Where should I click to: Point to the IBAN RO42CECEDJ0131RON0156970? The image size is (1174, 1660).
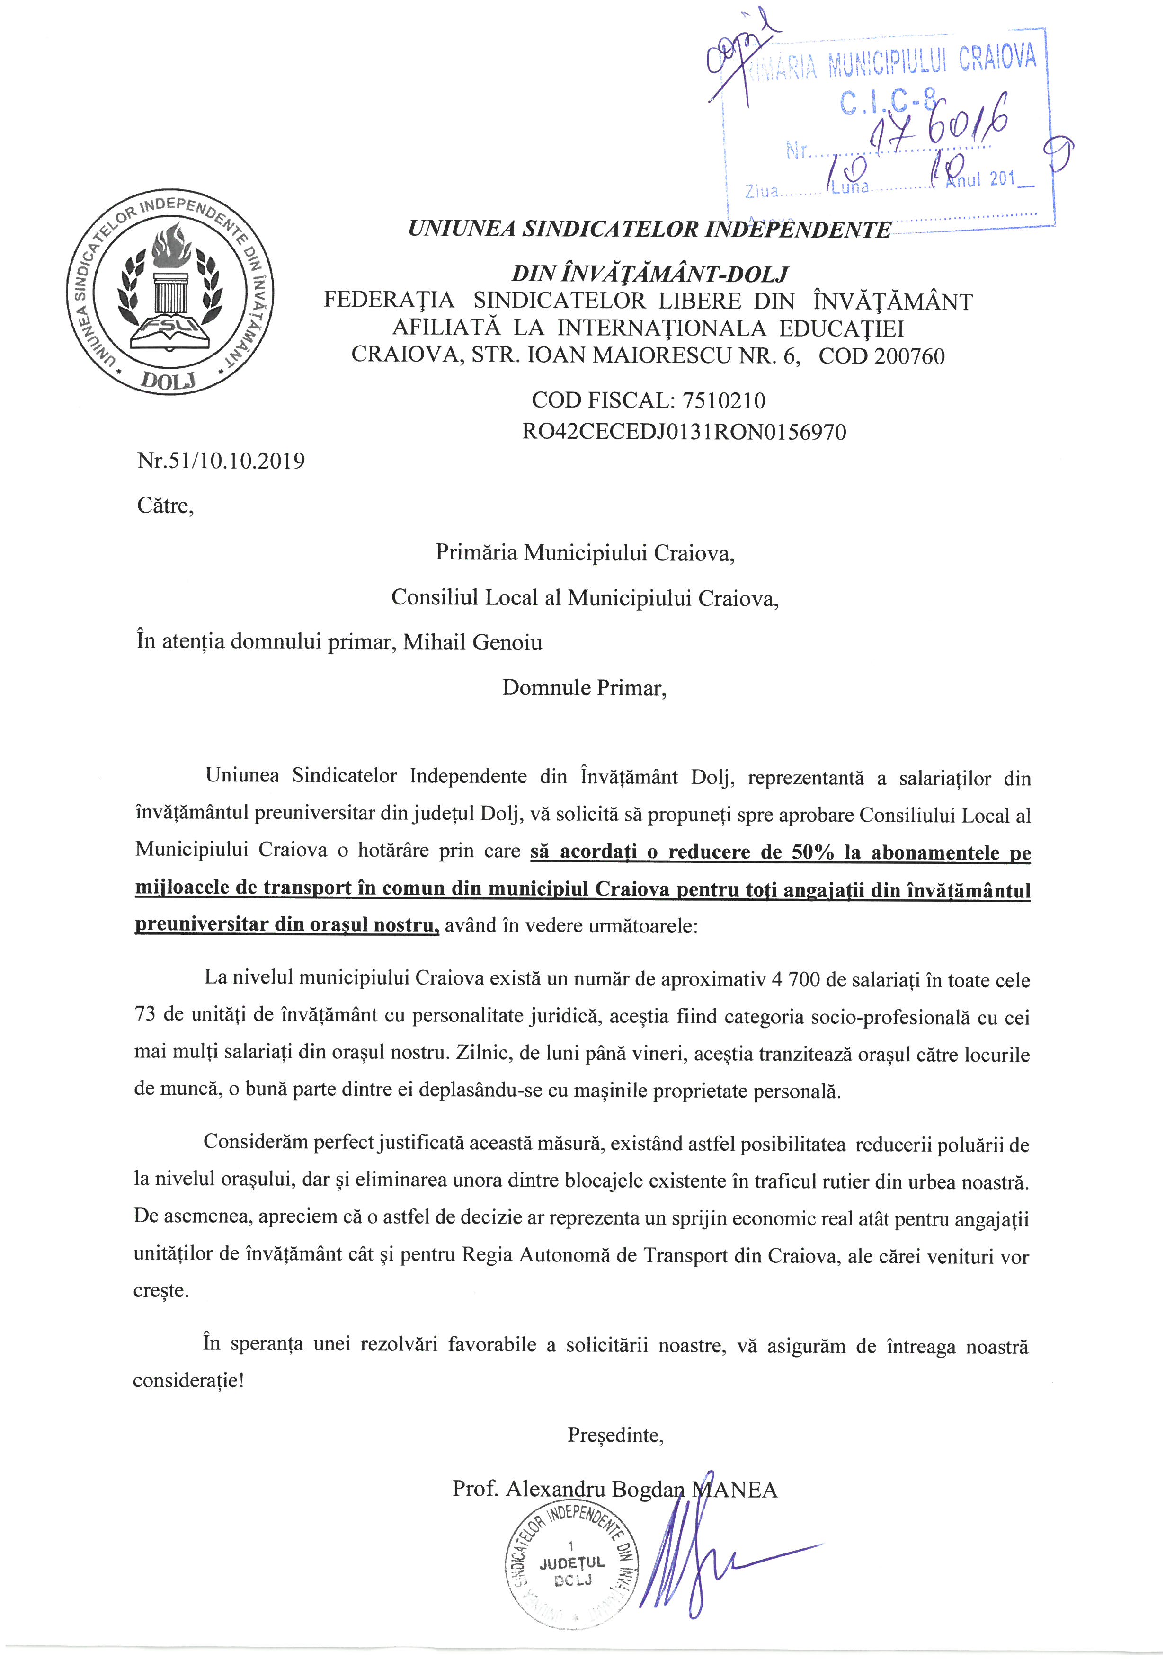coord(684,432)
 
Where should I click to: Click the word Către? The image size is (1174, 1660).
coord(166,506)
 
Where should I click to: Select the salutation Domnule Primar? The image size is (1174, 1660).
coord(584,688)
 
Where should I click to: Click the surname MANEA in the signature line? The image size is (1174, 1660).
coord(735,1490)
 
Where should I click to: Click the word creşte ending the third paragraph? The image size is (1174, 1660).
coord(160,1290)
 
